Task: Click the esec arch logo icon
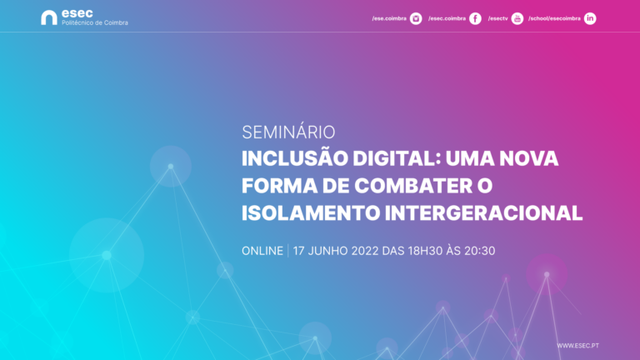48,17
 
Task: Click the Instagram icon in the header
416,18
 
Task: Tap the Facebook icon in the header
475,18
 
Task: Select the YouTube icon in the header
517,18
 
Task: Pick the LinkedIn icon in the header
590,18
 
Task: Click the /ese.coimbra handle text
389,18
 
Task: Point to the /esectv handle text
498,18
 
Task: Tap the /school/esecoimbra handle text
554,18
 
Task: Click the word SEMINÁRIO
288,132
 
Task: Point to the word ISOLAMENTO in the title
311,213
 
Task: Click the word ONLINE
262,251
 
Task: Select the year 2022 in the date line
365,251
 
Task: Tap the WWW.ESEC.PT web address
578,346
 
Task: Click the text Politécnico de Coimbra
95,22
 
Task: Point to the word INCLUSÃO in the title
295,158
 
